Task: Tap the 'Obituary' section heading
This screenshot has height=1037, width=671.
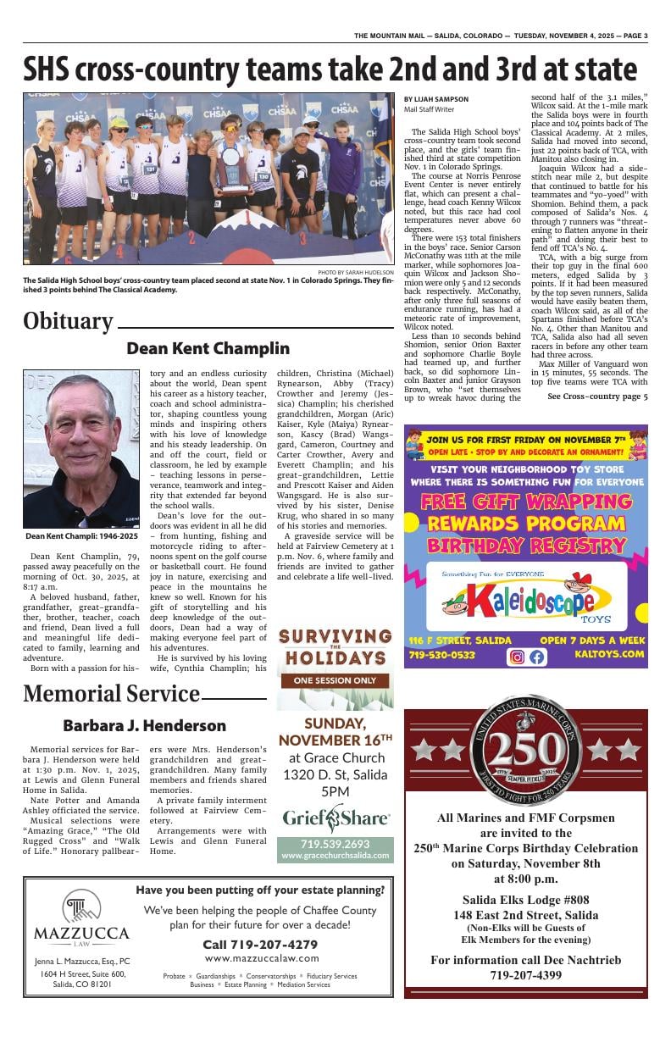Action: click(x=68, y=321)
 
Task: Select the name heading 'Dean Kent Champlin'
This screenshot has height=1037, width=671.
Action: click(x=208, y=348)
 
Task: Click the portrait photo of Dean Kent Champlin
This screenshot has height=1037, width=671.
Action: click(x=81, y=448)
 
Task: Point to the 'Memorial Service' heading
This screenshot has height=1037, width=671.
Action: click(x=111, y=694)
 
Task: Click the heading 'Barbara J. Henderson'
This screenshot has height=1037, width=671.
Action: click(x=144, y=726)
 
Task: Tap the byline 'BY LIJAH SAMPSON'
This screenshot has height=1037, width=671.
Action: click(x=435, y=100)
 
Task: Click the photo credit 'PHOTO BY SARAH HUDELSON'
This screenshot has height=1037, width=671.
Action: click(x=355, y=272)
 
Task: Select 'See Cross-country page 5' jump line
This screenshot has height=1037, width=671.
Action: click(x=597, y=396)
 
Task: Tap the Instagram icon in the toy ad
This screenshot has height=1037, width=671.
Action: click(x=516, y=657)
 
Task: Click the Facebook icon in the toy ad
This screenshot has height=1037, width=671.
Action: click(x=537, y=657)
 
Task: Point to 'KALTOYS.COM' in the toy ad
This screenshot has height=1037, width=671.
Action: click(x=610, y=655)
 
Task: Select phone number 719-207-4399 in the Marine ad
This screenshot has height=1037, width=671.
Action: click(x=525, y=975)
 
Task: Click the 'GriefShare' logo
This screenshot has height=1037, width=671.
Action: click(x=335, y=818)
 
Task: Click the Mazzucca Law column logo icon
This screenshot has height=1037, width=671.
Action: click(x=81, y=907)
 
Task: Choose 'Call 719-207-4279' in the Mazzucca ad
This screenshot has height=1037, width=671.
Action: click(x=260, y=944)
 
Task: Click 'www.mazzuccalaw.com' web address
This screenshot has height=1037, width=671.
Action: click(x=261, y=958)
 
